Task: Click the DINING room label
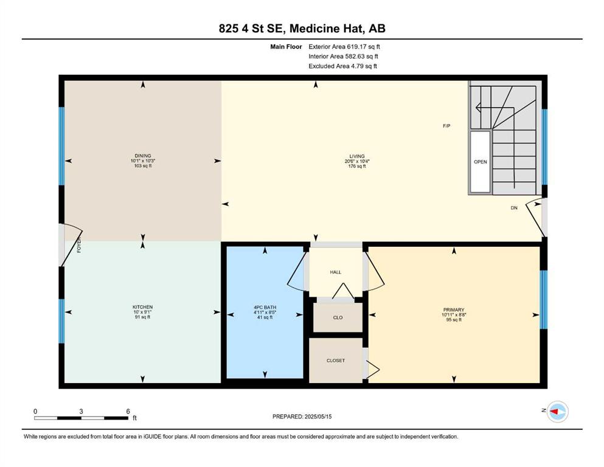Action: coord(143,156)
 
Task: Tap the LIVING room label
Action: coord(356,156)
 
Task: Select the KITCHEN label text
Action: coord(142,307)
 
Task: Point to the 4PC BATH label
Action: coord(265,307)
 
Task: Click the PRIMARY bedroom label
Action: coord(454,310)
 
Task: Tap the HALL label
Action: coord(336,272)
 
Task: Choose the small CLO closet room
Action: coord(338,317)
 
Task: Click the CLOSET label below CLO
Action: coord(336,361)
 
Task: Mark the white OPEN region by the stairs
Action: coord(481,162)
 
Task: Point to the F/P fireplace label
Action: coord(446,126)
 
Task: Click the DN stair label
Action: coord(514,208)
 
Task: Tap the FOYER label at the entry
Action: coord(79,244)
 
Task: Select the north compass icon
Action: coord(557,412)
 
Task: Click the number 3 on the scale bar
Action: coord(81,411)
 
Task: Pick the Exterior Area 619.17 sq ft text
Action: coord(344,47)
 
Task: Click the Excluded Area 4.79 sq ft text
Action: coord(342,66)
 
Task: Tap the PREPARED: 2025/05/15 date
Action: coord(302,417)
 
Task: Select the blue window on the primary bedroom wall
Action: coord(544,300)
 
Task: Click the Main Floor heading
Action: coord(286,47)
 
